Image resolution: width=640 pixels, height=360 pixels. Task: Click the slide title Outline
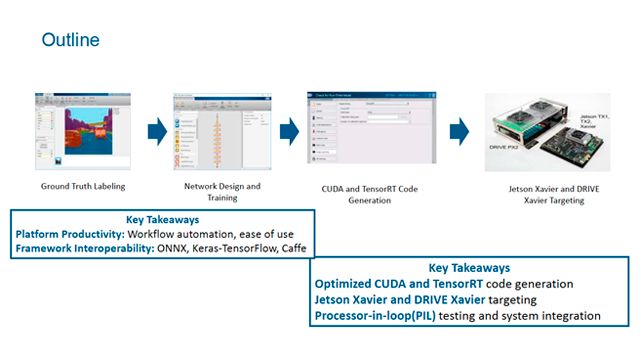(69, 40)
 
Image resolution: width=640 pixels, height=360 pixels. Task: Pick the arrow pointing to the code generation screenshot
(289, 131)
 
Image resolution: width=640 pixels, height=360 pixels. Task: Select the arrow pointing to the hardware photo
(458, 131)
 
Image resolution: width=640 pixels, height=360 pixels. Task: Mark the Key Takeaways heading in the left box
(162, 218)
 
